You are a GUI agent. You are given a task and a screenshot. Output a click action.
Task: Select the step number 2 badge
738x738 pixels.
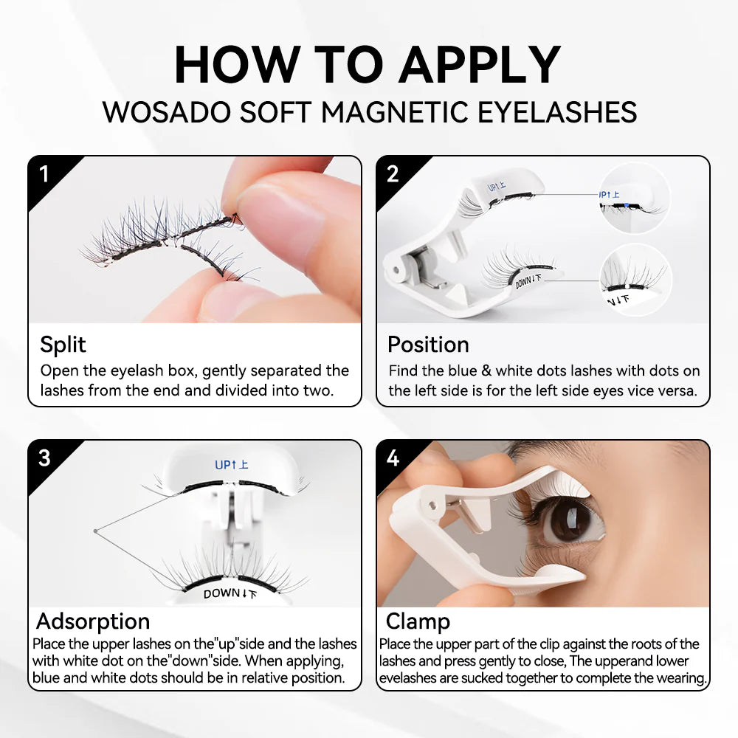(393, 174)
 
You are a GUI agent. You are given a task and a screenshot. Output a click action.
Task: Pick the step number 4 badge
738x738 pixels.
(393, 458)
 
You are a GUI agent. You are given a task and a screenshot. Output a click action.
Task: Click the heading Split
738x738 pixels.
(63, 345)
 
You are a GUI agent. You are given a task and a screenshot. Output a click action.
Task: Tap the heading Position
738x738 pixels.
(428, 345)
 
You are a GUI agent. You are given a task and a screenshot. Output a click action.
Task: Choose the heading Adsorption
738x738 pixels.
(93, 621)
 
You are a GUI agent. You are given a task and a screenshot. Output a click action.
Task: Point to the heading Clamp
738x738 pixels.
(418, 621)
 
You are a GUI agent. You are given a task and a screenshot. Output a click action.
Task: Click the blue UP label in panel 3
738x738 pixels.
(231, 465)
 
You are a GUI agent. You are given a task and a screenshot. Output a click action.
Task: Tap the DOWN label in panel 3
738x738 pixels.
(231, 593)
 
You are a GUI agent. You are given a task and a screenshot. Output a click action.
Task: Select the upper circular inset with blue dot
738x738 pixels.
(633, 198)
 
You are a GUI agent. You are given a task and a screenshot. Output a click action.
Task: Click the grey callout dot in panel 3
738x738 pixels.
(96, 530)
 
